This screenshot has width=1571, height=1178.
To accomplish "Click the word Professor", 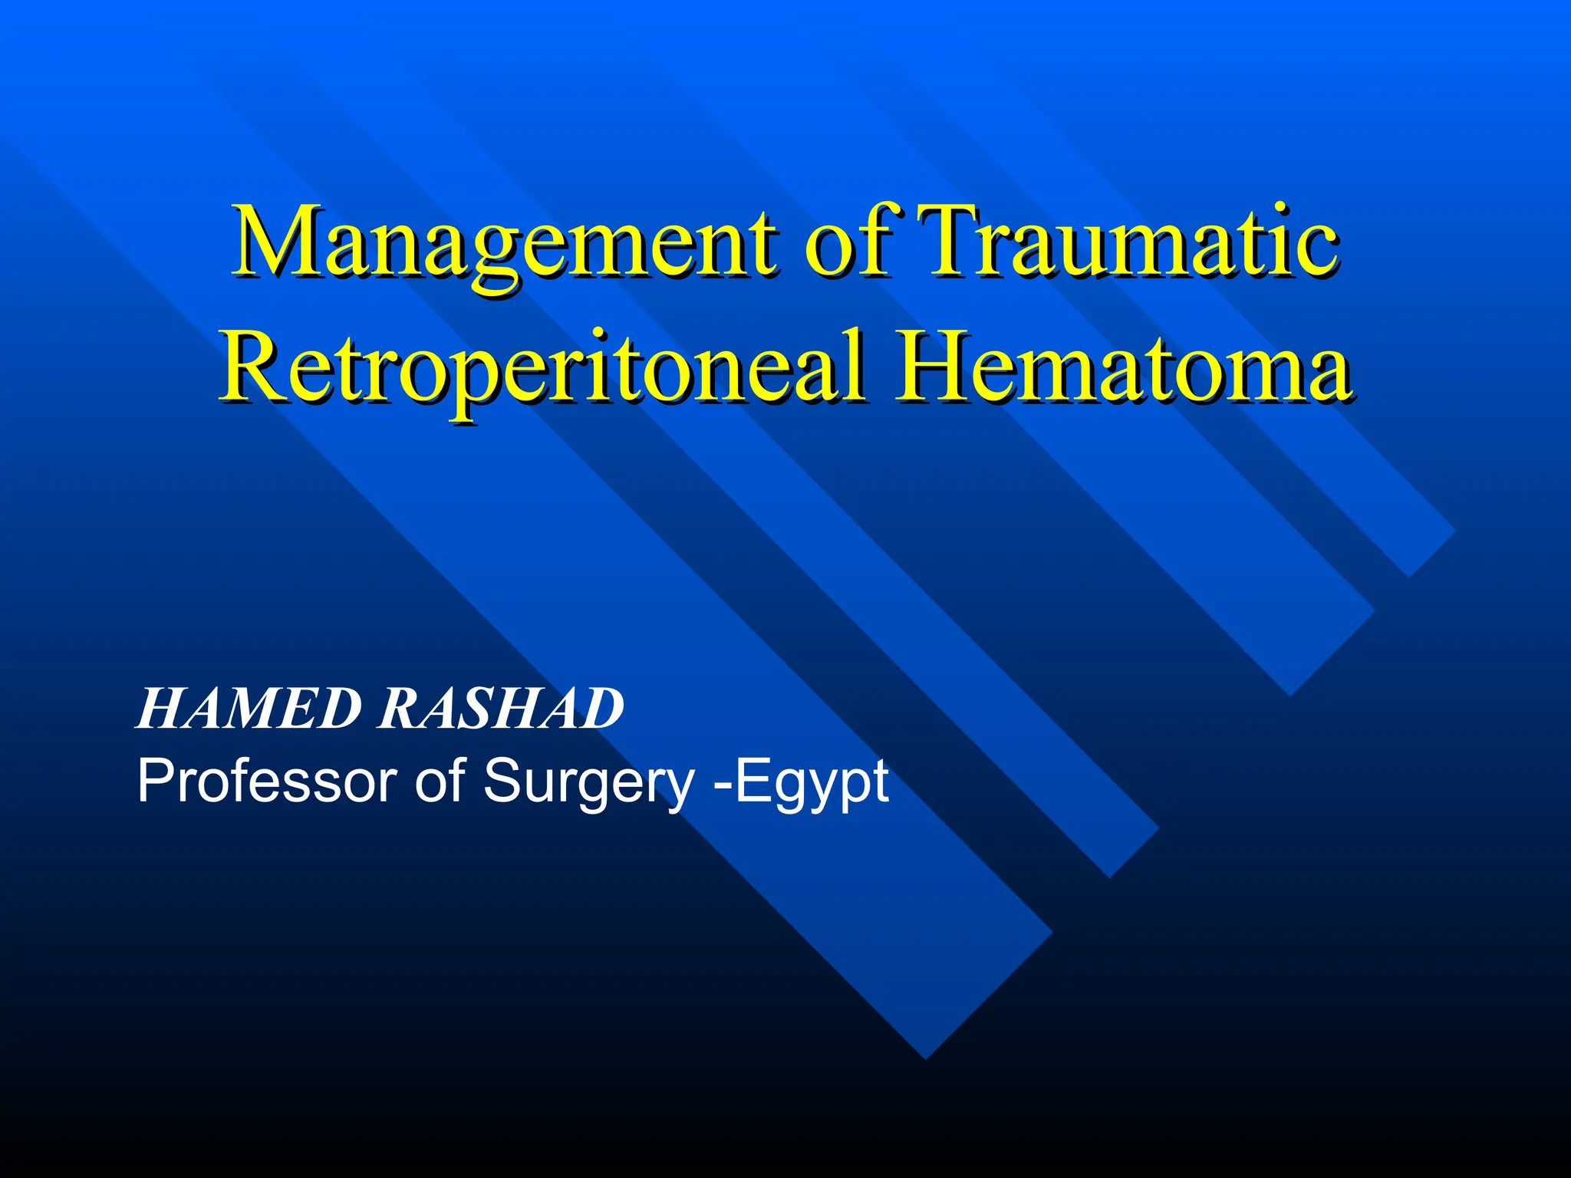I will click(x=268, y=781).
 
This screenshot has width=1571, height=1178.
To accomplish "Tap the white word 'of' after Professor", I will click(x=440, y=781).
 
